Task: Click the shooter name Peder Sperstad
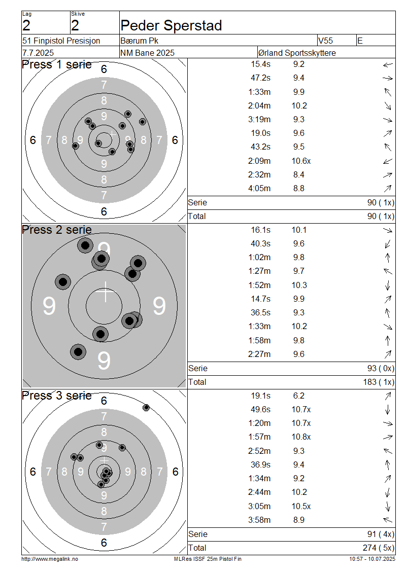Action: pyautogui.click(x=171, y=25)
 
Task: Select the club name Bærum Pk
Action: pyautogui.click(x=139, y=41)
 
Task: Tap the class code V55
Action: pyautogui.click(x=325, y=41)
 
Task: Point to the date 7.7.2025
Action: pyautogui.click(x=38, y=53)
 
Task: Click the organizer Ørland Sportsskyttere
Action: pyautogui.click(x=297, y=53)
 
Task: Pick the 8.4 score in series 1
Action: pyautogui.click(x=298, y=174)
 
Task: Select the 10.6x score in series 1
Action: pyautogui.click(x=301, y=161)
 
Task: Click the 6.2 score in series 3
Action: pyautogui.click(x=298, y=396)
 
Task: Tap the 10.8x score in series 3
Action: pyautogui.click(x=301, y=437)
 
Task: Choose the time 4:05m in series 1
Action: pyautogui.click(x=259, y=189)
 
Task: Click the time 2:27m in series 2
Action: pyautogui.click(x=259, y=354)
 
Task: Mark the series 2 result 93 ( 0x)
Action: pyautogui.click(x=381, y=368)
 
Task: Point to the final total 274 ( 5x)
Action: pyautogui.click(x=379, y=548)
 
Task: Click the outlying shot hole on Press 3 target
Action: pyautogui.click(x=146, y=408)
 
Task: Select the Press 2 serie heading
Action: pyautogui.click(x=57, y=230)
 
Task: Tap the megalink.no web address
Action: pyautogui.click(x=50, y=559)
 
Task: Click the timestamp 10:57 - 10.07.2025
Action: pyautogui.click(x=372, y=559)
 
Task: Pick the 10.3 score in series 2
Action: pyautogui.click(x=299, y=285)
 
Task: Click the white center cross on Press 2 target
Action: pyautogui.click(x=106, y=292)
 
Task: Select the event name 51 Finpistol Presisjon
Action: pyautogui.click(x=61, y=41)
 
